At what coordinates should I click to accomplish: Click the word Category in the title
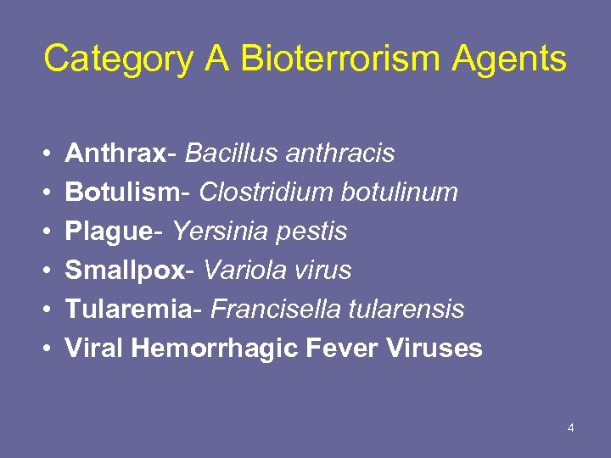(x=116, y=59)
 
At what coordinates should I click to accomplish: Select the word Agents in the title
(x=509, y=59)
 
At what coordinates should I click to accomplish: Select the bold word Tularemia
(x=127, y=310)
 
